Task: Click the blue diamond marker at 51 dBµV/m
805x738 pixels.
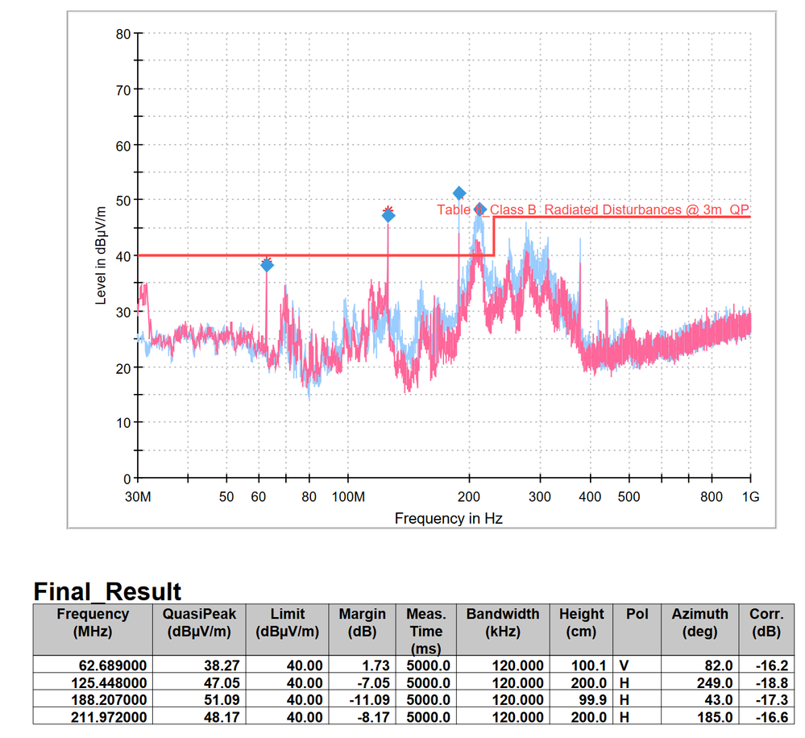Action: (x=459, y=193)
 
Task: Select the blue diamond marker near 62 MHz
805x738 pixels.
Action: (x=267, y=265)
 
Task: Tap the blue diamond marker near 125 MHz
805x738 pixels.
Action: (x=388, y=215)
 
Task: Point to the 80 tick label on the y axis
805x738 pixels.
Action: (x=122, y=34)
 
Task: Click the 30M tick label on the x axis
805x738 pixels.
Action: (x=139, y=496)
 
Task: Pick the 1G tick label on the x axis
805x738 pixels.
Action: (x=750, y=496)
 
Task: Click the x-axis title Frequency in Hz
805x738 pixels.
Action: (x=448, y=518)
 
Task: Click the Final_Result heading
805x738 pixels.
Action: (x=107, y=592)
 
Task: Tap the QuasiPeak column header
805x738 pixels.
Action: (x=199, y=623)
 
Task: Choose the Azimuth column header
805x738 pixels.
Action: (x=699, y=623)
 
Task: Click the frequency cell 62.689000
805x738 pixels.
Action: (x=93, y=665)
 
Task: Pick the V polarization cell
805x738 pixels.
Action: (x=624, y=665)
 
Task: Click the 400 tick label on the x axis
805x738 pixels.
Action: (x=590, y=496)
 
